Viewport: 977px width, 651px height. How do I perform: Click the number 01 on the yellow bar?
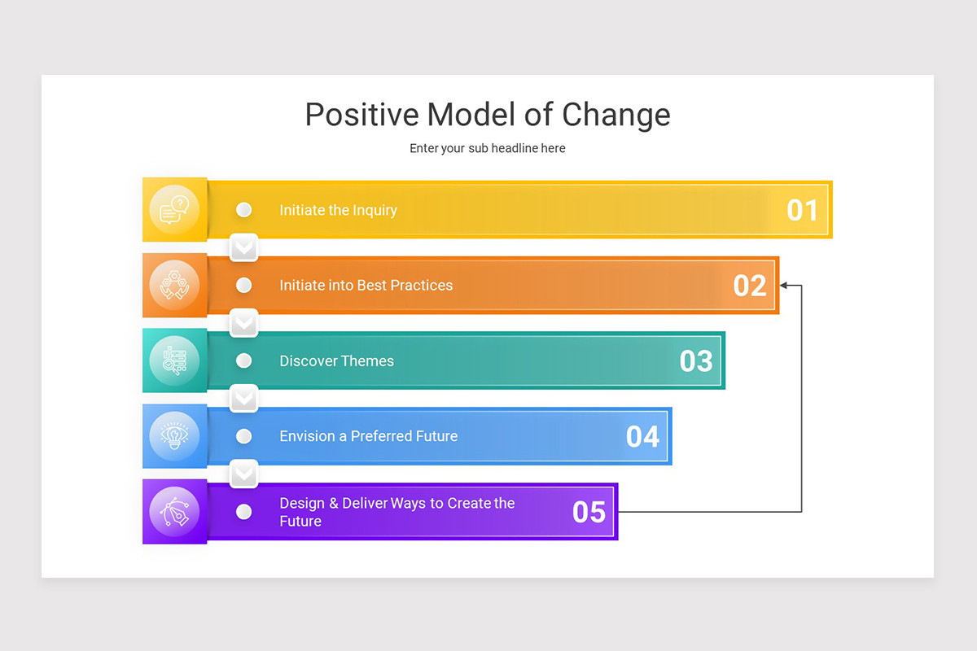(x=802, y=210)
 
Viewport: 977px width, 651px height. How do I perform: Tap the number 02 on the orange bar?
(x=749, y=286)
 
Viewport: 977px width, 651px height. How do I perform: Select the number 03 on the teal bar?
(x=696, y=361)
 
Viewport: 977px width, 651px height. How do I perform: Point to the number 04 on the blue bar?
(x=642, y=437)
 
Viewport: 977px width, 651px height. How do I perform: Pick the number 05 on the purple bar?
(x=589, y=512)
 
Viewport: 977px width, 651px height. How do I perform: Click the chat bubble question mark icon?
(x=174, y=210)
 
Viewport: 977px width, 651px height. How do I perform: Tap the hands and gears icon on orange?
(x=174, y=286)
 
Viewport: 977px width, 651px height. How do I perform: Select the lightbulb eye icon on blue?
(x=174, y=436)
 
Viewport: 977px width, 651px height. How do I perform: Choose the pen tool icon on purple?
(x=174, y=512)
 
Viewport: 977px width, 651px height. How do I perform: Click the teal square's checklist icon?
(x=174, y=360)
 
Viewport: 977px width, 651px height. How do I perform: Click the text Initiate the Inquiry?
(x=338, y=210)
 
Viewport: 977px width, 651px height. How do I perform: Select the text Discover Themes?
(x=336, y=361)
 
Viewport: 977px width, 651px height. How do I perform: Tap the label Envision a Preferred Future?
(x=368, y=436)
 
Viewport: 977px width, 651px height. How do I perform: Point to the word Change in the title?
(x=616, y=115)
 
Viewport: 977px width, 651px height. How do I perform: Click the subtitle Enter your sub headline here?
(x=487, y=148)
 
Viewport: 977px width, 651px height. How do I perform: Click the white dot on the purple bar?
(x=243, y=512)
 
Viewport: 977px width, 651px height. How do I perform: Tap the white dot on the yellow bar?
(x=243, y=210)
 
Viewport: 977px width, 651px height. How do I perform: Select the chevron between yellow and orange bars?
(x=243, y=247)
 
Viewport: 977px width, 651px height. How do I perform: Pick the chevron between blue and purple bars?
(x=243, y=474)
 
